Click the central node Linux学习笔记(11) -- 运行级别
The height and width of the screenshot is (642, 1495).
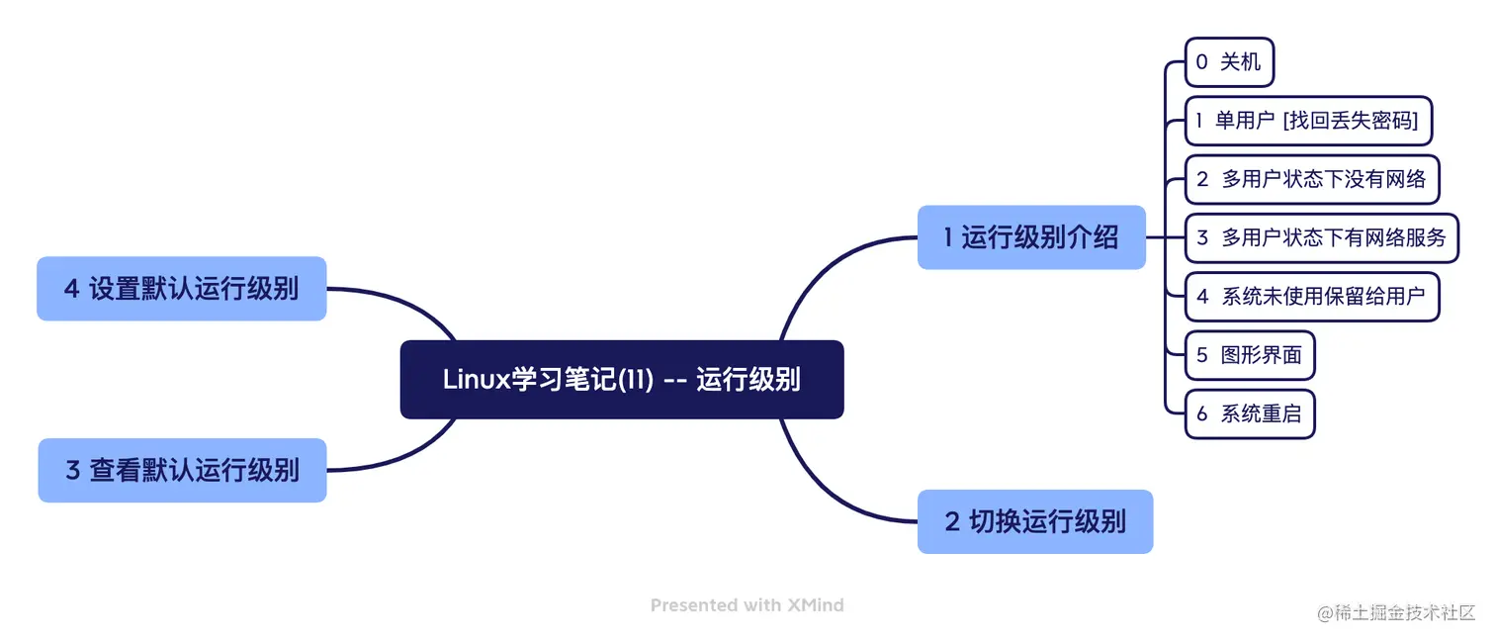[x=621, y=380]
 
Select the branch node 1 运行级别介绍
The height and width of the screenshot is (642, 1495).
[x=1030, y=237]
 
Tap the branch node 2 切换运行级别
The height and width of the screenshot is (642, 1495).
[x=1034, y=521]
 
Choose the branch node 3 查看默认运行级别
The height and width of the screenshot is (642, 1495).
[x=182, y=470]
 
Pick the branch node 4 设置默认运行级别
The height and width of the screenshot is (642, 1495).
[x=181, y=289]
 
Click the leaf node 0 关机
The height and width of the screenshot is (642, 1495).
[x=1229, y=62]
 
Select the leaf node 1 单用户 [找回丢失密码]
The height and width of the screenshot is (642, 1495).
[x=1308, y=121]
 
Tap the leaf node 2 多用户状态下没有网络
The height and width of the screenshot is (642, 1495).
[x=1311, y=179]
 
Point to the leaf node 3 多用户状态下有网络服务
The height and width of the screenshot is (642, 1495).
[x=1321, y=237]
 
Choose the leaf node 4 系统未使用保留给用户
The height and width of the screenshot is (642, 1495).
[x=1311, y=296]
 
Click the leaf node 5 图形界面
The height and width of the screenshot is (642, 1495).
[x=1249, y=355]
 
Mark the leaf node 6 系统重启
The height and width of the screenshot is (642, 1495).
[x=1249, y=413]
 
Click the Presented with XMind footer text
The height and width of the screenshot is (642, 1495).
[x=747, y=604]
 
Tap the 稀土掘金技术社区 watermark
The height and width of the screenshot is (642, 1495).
[x=1395, y=612]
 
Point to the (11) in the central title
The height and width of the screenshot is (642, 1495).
[x=636, y=380]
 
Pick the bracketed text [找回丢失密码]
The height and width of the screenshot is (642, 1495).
[x=1350, y=121]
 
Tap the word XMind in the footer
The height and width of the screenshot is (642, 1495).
[x=815, y=604]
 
